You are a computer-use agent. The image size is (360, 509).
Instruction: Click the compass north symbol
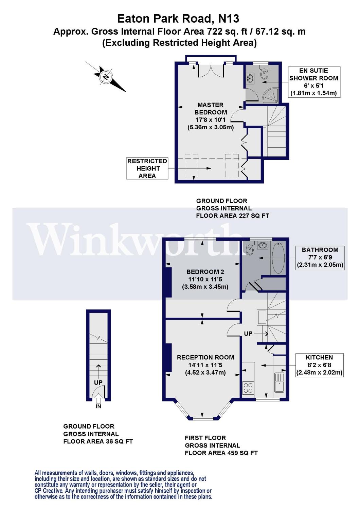[x=106, y=77]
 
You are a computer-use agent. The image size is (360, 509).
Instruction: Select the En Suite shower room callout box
[x=314, y=82]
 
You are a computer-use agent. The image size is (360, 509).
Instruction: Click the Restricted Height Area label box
[x=147, y=168]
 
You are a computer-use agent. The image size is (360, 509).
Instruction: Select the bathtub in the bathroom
[x=278, y=258]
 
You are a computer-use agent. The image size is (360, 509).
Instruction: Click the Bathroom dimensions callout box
[x=320, y=258]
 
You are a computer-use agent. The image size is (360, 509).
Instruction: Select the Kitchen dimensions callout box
[x=319, y=365]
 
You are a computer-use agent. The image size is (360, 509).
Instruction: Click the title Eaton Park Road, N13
[x=178, y=19]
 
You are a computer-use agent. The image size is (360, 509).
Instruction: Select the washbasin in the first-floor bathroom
[x=263, y=245]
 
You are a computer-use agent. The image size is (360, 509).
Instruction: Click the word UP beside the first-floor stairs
[x=248, y=334]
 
